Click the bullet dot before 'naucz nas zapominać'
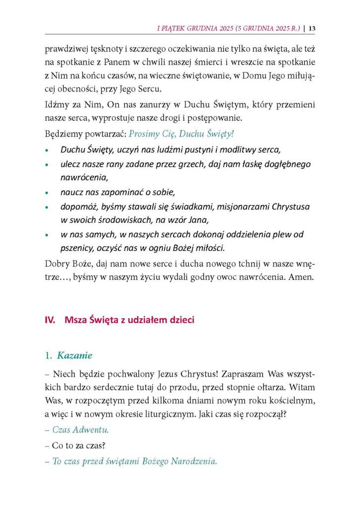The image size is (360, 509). (47, 192)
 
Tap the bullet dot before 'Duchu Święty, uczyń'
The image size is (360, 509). (47, 150)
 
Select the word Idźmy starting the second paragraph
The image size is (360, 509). (56, 106)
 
